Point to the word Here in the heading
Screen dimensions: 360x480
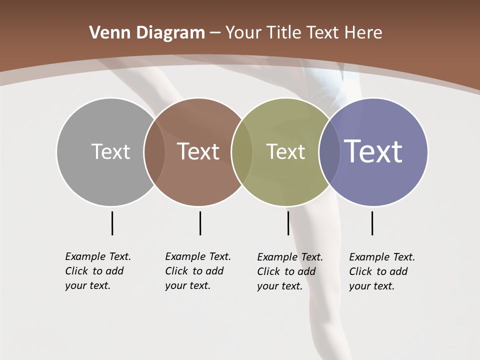coord(363,33)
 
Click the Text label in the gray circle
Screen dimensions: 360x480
coord(110,151)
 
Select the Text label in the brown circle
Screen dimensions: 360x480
coord(198,151)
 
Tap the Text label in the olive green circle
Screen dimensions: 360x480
coord(285,151)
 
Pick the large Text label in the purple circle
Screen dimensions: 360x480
coord(373,151)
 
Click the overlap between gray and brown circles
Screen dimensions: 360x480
coord(154,151)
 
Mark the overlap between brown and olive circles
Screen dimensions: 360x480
coord(242,151)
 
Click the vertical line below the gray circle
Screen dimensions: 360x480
coord(112,223)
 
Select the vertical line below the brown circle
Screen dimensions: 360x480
coord(200,223)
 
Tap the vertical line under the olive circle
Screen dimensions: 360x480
coord(288,223)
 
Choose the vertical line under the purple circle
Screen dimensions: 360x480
coord(372,223)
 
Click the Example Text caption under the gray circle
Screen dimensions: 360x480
coord(98,271)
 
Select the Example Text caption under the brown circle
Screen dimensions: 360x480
coord(198,271)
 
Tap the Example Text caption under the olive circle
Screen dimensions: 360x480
coord(290,271)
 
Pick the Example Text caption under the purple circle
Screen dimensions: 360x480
coord(382,271)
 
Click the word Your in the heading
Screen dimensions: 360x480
coord(245,33)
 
